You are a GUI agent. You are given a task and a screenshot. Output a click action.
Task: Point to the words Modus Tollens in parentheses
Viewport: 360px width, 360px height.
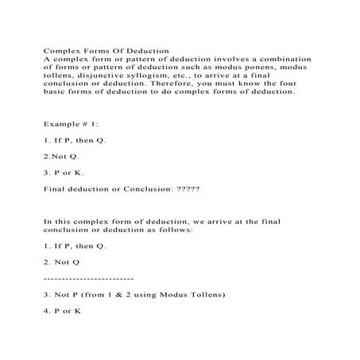tap(195, 294)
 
